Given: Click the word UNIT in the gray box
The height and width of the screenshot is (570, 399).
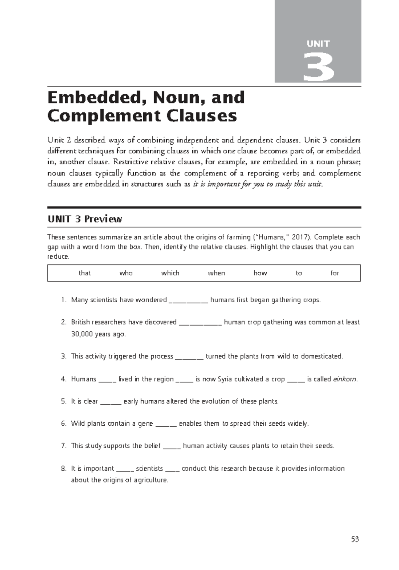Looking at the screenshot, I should pyautogui.click(x=318, y=44).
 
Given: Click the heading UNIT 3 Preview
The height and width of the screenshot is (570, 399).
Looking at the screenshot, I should pyautogui.click(x=85, y=219).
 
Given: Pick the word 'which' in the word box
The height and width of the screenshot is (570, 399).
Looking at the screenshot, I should pyautogui.click(x=170, y=273).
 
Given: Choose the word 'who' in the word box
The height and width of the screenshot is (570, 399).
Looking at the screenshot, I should pyautogui.click(x=126, y=273).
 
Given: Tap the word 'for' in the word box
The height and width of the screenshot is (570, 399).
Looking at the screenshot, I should pyautogui.click(x=334, y=273).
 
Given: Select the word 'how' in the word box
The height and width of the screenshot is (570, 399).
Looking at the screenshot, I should pyautogui.click(x=260, y=273).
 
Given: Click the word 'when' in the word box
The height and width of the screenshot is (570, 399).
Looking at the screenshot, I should pyautogui.click(x=216, y=273).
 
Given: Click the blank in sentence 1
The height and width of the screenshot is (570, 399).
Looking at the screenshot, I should pyautogui.click(x=189, y=301).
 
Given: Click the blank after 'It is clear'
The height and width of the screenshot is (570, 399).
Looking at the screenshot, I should pyautogui.click(x=111, y=402).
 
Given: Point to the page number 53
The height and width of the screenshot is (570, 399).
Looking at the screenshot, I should pyautogui.click(x=355, y=539).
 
